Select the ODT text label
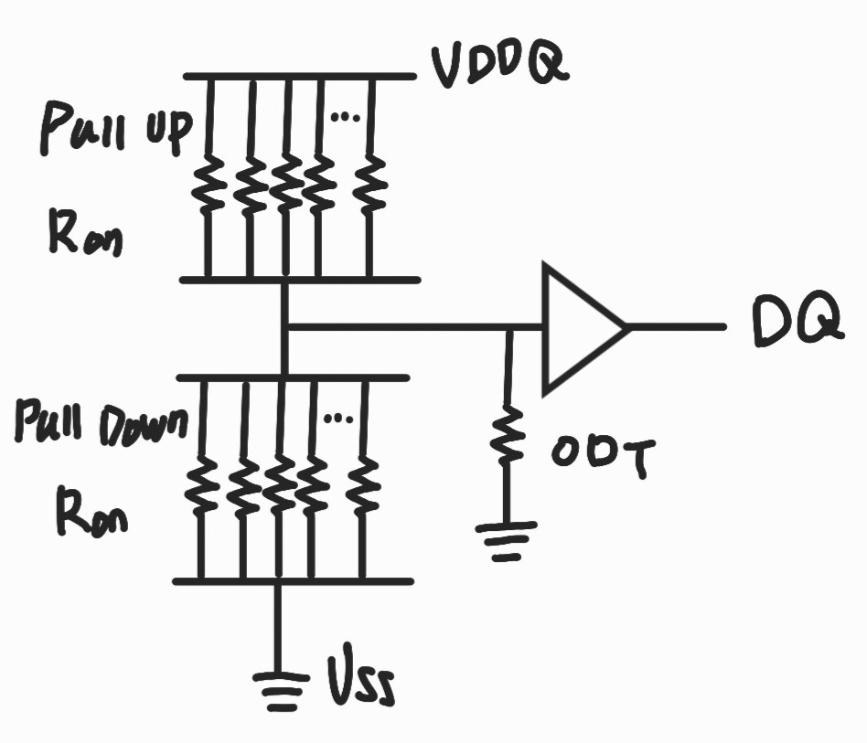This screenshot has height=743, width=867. coord(600,456)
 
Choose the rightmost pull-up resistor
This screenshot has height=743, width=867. coord(370,183)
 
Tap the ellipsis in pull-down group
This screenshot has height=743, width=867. coord(337,418)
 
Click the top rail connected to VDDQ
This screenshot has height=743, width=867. coord(297,77)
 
